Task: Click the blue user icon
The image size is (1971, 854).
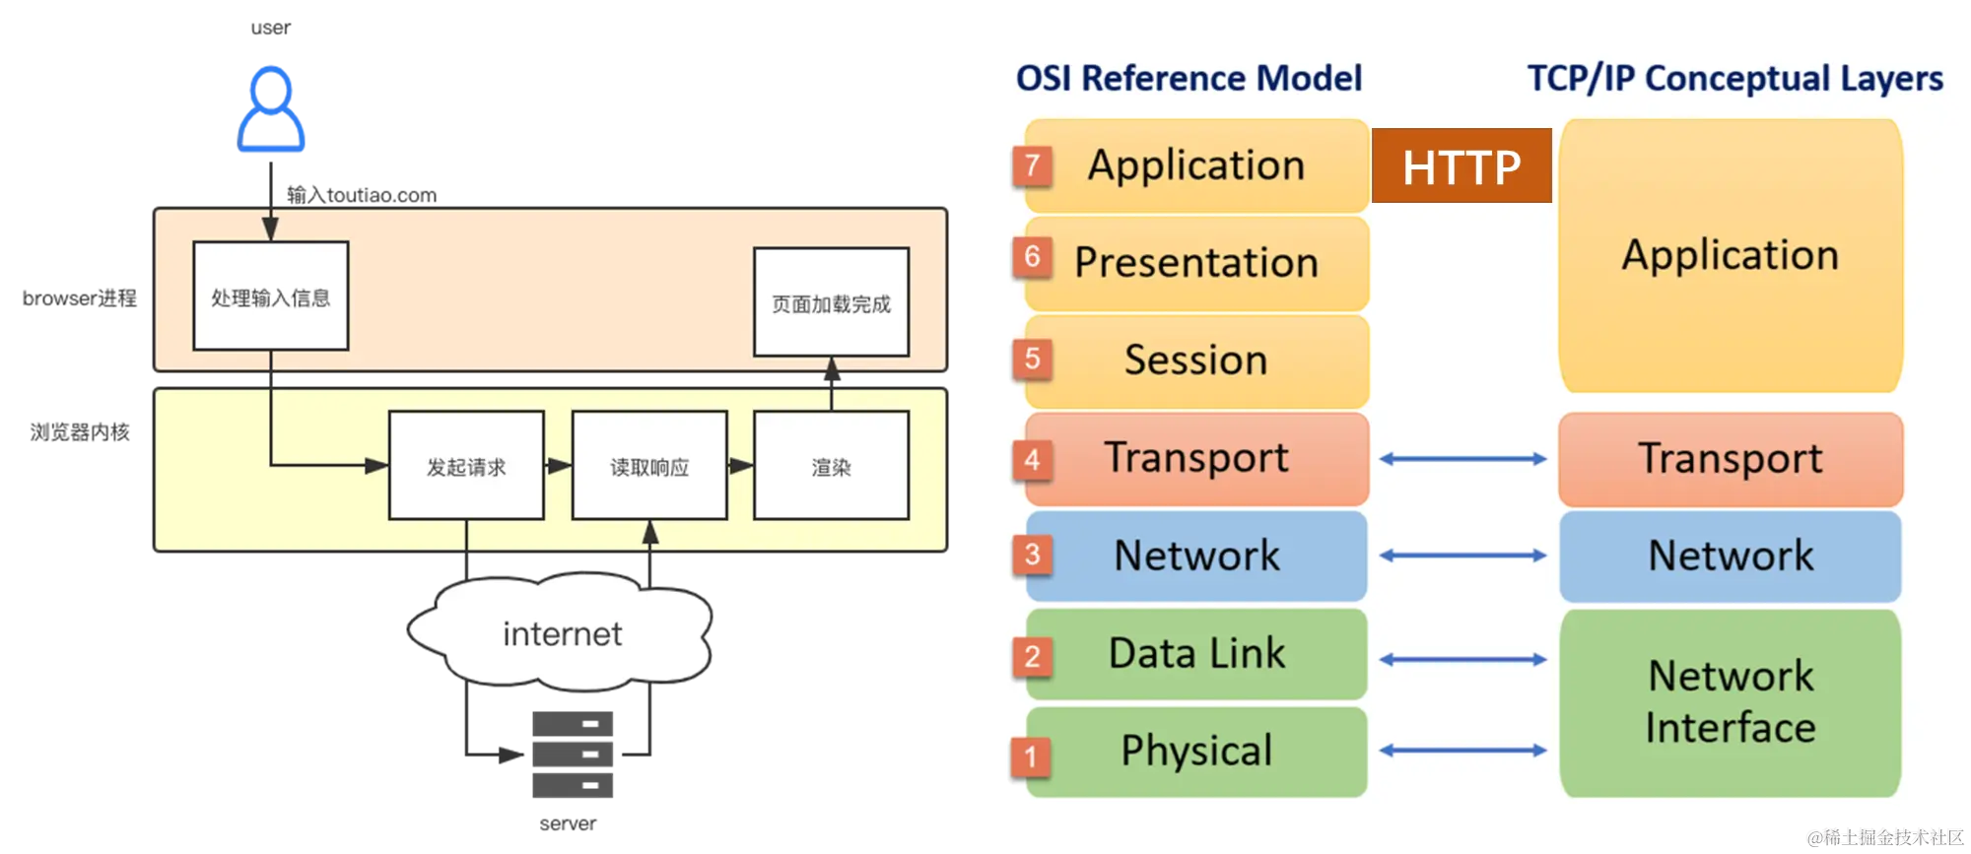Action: point(271,110)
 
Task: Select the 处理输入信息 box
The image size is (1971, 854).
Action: point(271,296)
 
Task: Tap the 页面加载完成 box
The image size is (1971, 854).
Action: point(831,302)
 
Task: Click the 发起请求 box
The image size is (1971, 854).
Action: point(466,466)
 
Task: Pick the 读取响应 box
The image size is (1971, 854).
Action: point(649,466)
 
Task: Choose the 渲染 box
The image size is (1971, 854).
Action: point(831,466)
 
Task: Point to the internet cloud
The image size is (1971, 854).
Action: point(561,633)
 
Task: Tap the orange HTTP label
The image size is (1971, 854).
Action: point(1461,166)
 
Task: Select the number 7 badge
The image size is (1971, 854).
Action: point(1032,165)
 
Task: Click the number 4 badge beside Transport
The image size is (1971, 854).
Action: point(1032,459)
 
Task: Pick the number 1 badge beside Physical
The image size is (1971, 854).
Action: point(1031,755)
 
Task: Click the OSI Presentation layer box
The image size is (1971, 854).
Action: point(1196,263)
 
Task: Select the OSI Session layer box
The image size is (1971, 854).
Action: point(1196,361)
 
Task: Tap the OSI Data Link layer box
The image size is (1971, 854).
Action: point(1196,654)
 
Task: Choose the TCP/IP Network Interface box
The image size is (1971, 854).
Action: point(1731,702)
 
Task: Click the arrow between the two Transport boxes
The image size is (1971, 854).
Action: point(1462,459)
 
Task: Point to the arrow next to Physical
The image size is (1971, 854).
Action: point(1462,751)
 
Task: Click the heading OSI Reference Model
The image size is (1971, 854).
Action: point(1189,78)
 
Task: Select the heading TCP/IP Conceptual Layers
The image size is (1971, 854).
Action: point(1734,78)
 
